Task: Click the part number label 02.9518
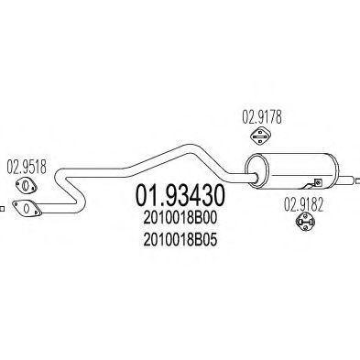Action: pyautogui.click(x=27, y=169)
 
